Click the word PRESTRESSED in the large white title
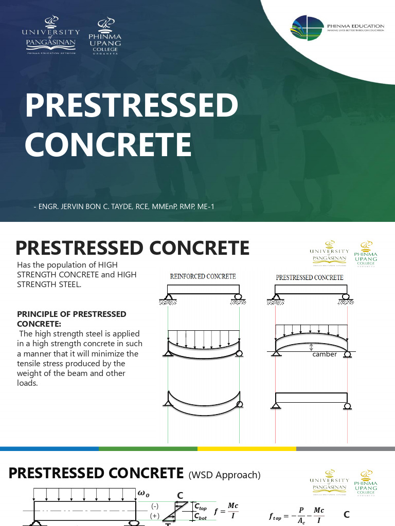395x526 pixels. (132, 106)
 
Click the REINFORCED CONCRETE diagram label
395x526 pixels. (203, 276)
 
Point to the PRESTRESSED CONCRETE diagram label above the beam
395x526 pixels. (310, 277)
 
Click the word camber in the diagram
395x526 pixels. (325, 354)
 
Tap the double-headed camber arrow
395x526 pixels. (311, 347)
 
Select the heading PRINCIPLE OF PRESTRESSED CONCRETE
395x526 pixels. (71, 318)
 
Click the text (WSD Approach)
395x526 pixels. (225, 475)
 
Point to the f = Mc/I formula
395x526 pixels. (226, 510)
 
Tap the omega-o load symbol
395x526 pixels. (143, 493)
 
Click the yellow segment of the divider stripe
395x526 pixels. (246, 448)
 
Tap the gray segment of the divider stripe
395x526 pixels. (345, 448)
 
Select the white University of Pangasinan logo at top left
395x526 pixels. (50, 34)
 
